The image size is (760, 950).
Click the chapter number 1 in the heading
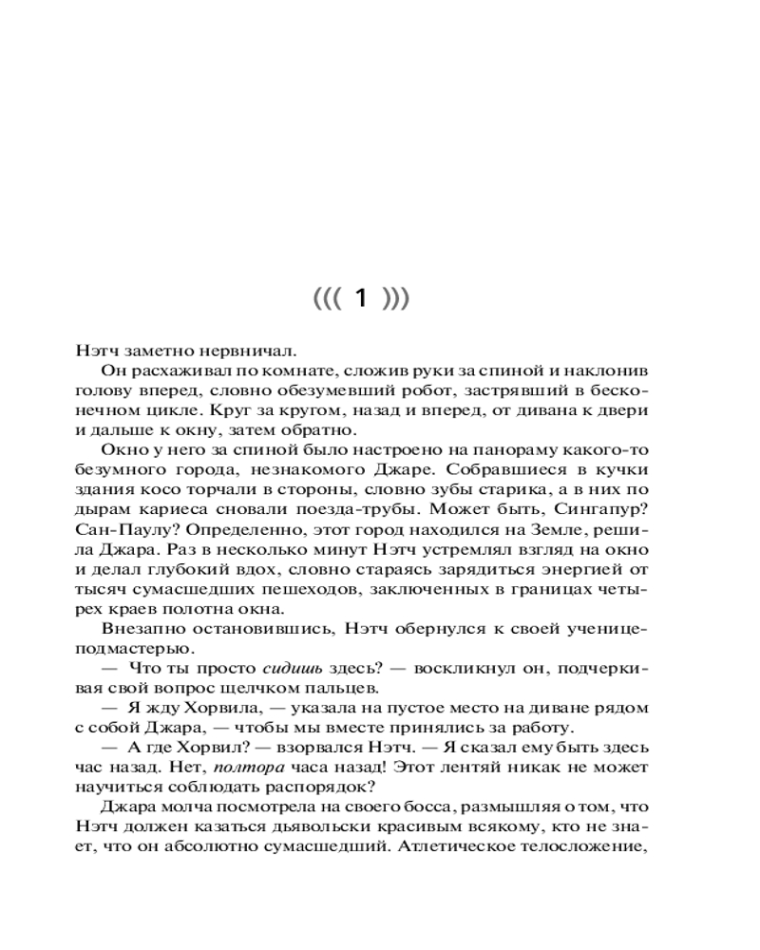click(360, 299)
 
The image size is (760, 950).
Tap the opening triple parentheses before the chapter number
click(326, 299)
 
